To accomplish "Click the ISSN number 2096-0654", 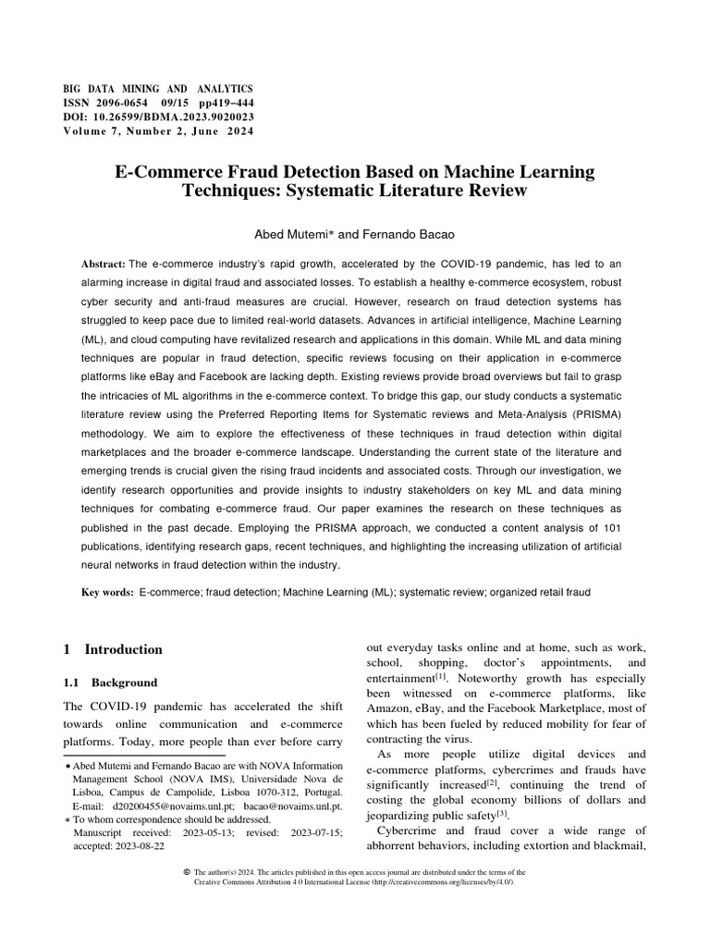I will (128, 104).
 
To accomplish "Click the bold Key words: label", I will (108, 591).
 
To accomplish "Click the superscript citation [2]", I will (467, 781).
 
